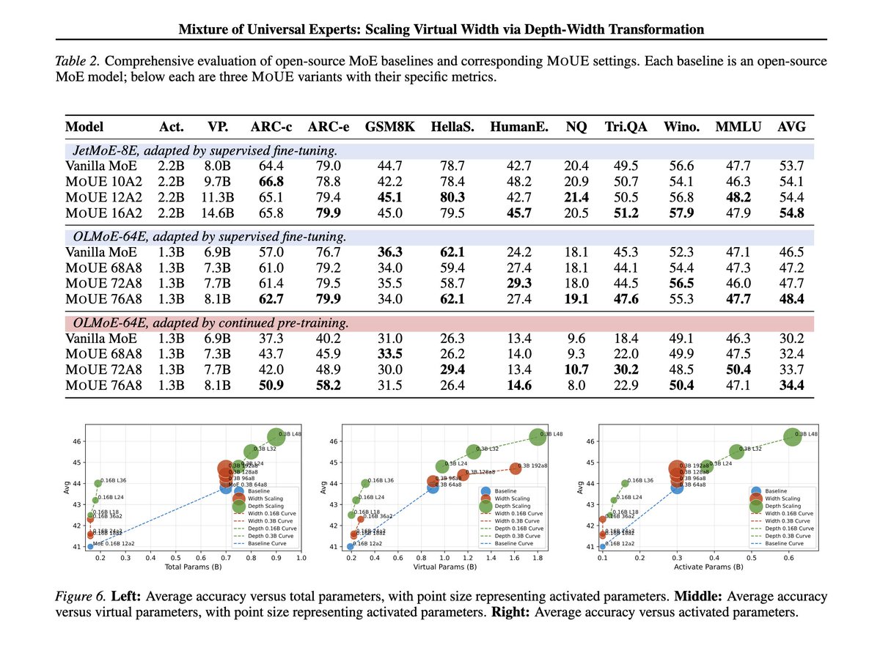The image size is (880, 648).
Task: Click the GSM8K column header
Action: point(389,126)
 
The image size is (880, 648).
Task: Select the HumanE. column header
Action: point(524,126)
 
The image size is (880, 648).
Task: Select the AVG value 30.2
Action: point(791,339)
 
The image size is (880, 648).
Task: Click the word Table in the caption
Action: point(70,61)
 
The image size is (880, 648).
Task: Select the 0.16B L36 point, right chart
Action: point(626,483)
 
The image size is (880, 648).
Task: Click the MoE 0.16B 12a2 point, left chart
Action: point(90,546)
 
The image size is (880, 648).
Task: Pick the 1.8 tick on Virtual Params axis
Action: point(537,558)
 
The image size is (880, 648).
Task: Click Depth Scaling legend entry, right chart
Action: point(781,505)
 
